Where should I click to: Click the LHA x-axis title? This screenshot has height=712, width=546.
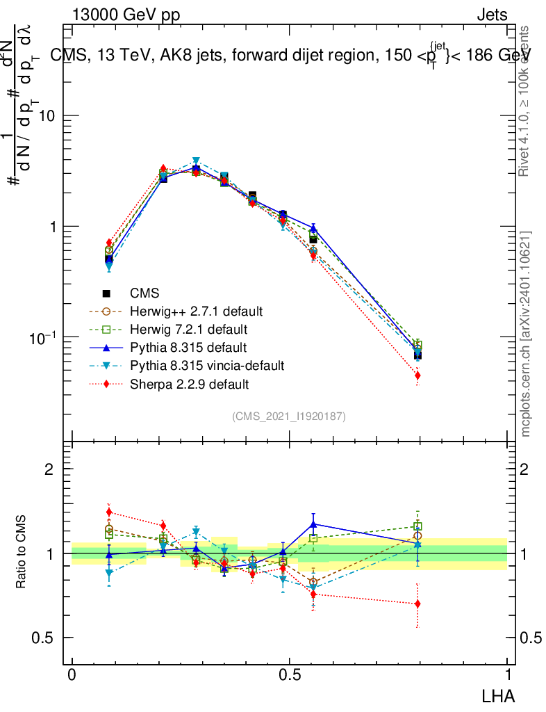click(x=497, y=695)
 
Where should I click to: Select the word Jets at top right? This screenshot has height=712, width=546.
click(x=492, y=15)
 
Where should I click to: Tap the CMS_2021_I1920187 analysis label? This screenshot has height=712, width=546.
click(x=289, y=416)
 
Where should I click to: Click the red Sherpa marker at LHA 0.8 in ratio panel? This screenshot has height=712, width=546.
click(x=417, y=604)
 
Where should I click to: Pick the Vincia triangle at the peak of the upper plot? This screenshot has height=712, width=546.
click(x=197, y=161)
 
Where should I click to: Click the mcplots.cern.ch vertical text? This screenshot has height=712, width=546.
click(x=527, y=334)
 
